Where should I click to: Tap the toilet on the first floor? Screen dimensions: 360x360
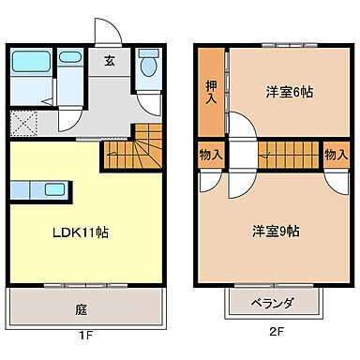(x=148, y=67)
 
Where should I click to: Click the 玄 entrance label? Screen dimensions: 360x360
(x=110, y=62)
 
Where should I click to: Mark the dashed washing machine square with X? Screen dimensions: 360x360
(x=24, y=123)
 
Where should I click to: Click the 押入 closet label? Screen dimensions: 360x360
(x=212, y=92)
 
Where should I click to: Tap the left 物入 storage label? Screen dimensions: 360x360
(x=210, y=154)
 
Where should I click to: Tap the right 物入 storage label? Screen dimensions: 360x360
(x=336, y=154)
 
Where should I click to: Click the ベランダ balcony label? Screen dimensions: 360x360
(x=273, y=303)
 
